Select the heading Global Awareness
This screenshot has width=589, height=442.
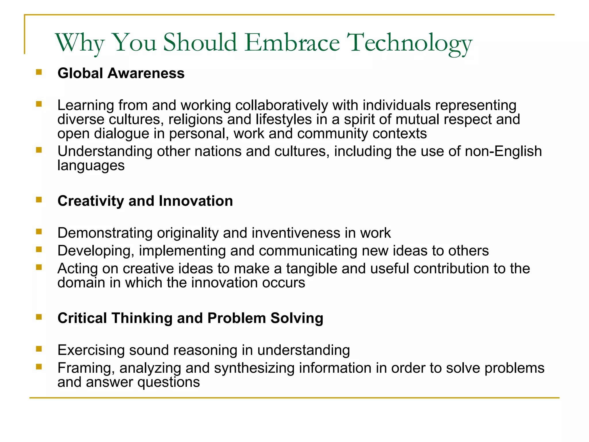click(x=121, y=73)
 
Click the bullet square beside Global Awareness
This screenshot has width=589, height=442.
click(x=39, y=72)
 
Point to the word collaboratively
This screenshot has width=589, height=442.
click(x=282, y=105)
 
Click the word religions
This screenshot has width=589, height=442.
click(x=196, y=119)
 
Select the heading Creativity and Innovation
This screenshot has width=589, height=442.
click(x=145, y=201)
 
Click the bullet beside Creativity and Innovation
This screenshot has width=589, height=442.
click(x=39, y=199)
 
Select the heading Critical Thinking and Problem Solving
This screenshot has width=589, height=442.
click(x=190, y=318)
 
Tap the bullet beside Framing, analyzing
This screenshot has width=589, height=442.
click(x=39, y=367)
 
